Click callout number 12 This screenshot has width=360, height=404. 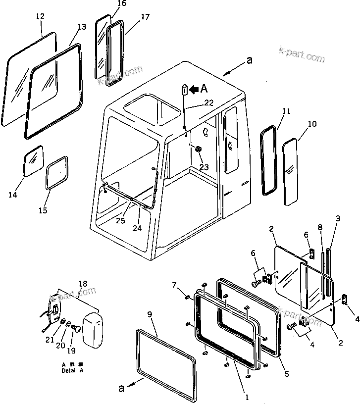coord(40,16)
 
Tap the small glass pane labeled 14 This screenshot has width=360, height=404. coord(34,161)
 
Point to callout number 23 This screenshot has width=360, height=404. coord(204,167)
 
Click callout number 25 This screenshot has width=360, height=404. coord(121,220)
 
